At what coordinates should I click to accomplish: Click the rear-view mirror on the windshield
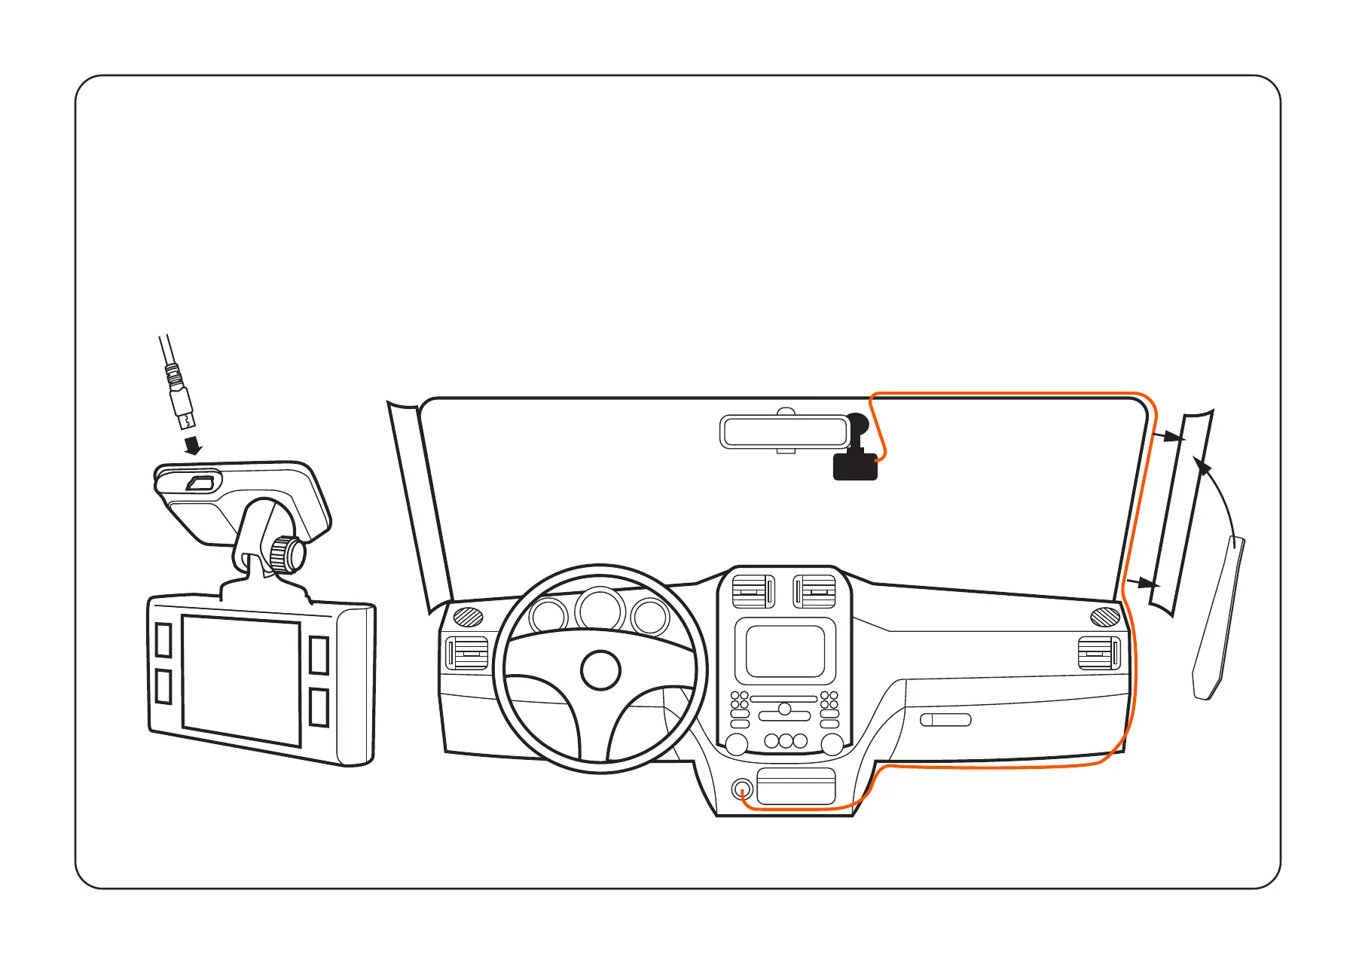[x=784, y=432]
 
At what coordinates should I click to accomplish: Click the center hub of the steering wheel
[x=600, y=670]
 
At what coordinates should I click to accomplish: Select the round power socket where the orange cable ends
[x=742, y=791]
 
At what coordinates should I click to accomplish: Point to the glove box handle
[x=945, y=719]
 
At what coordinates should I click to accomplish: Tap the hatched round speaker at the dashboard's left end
[x=468, y=616]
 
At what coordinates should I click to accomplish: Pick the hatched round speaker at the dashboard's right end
[x=1105, y=617]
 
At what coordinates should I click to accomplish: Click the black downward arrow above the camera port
[x=194, y=445]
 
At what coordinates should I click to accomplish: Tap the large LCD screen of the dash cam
[x=242, y=681]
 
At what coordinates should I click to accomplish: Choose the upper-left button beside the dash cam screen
[x=163, y=639]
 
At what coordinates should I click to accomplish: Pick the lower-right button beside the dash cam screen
[x=319, y=707]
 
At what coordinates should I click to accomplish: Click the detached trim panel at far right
[x=1219, y=618]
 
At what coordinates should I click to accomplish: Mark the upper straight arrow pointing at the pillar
[x=1168, y=436]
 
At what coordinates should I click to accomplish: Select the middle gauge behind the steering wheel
[x=600, y=609]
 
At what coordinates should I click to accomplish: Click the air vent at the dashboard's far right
[x=1099, y=652]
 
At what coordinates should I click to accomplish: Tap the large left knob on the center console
[x=736, y=743]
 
